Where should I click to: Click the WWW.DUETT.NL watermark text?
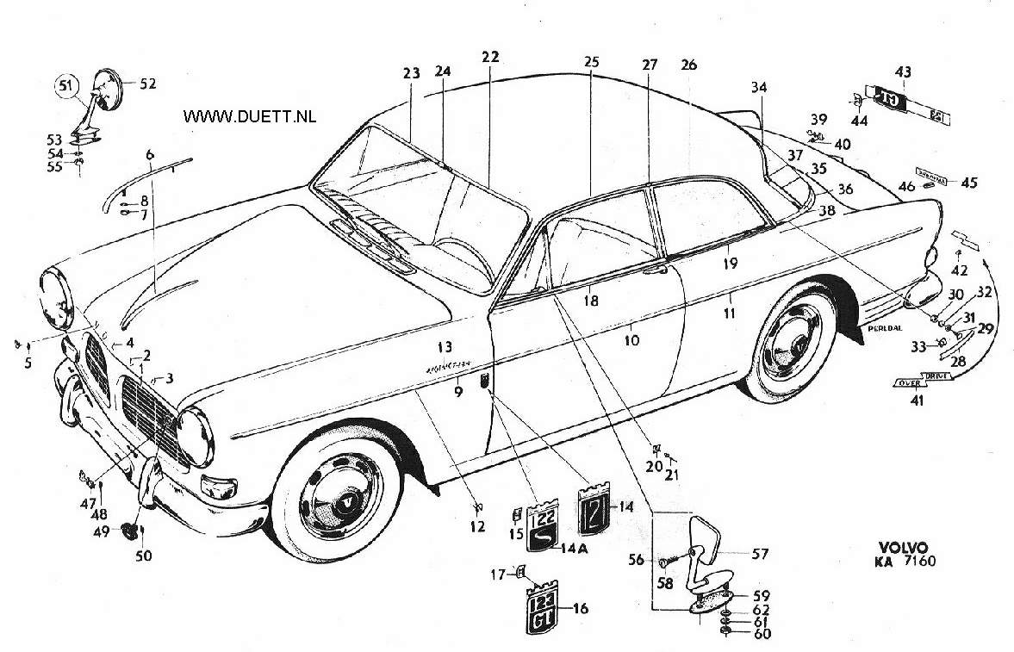click(x=250, y=115)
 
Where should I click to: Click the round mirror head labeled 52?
click(x=109, y=90)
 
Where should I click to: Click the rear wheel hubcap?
click(x=792, y=343)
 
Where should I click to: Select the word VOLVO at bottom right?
click(x=904, y=548)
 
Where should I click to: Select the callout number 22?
click(x=490, y=56)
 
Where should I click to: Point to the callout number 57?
click(x=761, y=554)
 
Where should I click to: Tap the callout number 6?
click(x=150, y=154)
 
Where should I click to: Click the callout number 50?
click(x=143, y=556)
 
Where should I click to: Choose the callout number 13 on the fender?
click(x=444, y=347)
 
